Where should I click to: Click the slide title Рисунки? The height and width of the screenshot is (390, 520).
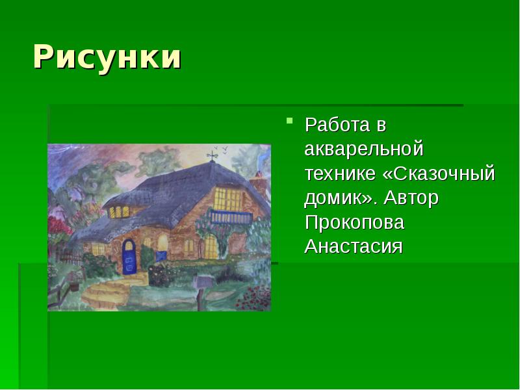[107, 57]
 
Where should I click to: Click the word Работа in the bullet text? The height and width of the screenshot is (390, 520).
[333, 124]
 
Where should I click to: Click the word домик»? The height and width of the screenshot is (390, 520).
[341, 198]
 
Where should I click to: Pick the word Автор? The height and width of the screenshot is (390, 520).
[413, 198]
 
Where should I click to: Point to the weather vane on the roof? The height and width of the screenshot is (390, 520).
[211, 155]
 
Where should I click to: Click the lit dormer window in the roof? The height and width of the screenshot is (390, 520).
[119, 211]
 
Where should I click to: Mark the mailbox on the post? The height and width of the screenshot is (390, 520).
[202, 281]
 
